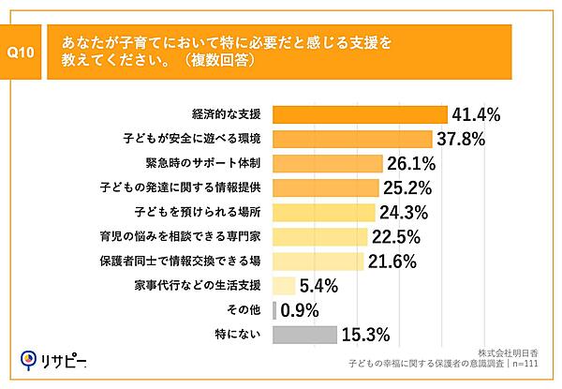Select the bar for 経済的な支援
coord(360,114)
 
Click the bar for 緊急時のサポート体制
coord(328,163)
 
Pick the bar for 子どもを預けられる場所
coord(323,212)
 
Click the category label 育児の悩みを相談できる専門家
coord(193,236)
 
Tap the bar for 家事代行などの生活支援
coord(283,285)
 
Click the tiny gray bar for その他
coord(274,309)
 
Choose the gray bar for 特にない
coord(303,334)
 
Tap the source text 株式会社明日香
coord(514,348)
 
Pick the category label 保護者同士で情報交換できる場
coord(193,261)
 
